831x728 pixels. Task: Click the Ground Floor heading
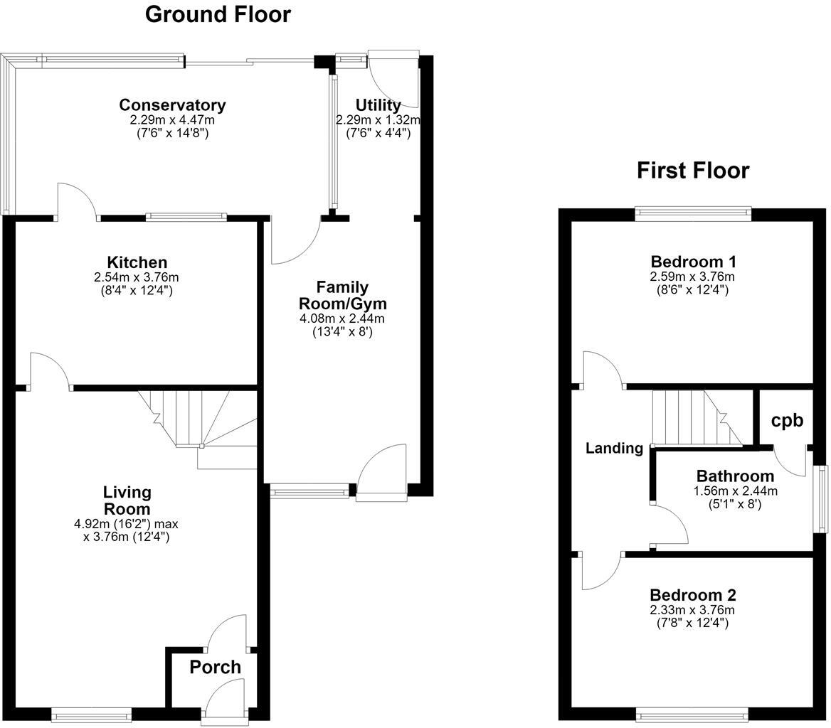(218, 14)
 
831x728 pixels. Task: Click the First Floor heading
(693, 171)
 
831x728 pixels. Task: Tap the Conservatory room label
(172, 105)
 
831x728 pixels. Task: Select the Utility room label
(378, 105)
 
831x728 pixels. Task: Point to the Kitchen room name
(137, 262)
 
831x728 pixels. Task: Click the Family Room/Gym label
(342, 296)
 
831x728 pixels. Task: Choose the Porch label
(215, 667)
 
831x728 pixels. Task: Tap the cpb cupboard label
(787, 420)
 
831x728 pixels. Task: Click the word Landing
(614, 449)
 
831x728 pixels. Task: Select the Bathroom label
(735, 476)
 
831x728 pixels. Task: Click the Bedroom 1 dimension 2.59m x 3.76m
(692, 277)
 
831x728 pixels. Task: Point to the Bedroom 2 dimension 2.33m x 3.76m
(692, 609)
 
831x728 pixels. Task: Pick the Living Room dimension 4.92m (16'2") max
(126, 524)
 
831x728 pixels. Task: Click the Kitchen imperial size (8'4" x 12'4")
(137, 290)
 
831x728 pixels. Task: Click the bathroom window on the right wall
(822, 499)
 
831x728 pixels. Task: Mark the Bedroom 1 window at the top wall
(693, 213)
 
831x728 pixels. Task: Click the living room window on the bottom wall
(92, 715)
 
